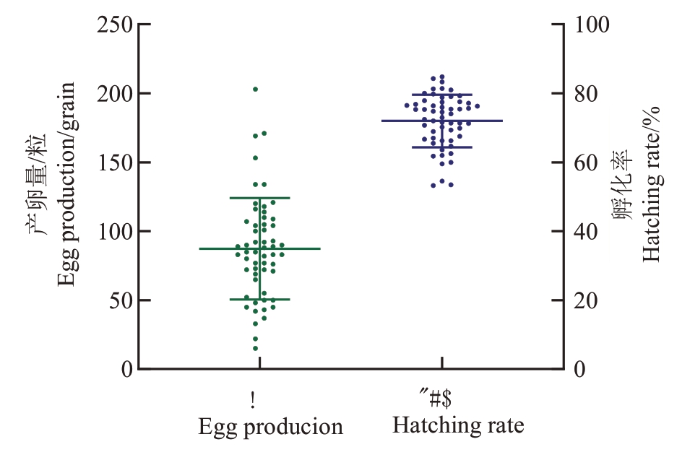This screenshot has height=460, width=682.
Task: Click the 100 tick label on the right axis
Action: tap(592, 25)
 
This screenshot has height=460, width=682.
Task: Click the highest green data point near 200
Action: tap(255, 89)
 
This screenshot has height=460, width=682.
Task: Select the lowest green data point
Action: tap(255, 349)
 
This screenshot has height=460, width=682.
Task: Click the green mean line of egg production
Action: tap(217, 248)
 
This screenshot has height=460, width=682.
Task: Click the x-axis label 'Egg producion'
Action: tap(270, 427)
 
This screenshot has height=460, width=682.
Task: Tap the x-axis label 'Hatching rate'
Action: tap(458, 425)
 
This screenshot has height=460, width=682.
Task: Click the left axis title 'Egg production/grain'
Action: tap(66, 183)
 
